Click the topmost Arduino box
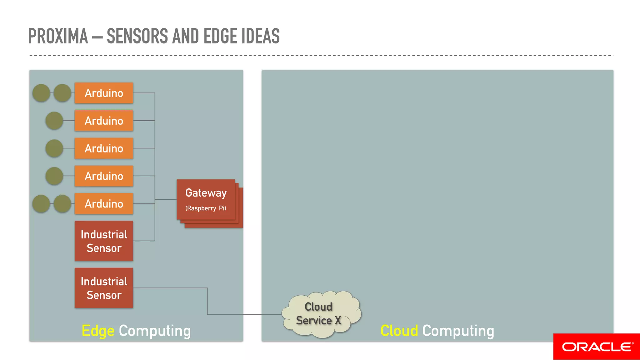pyautogui.click(x=104, y=93)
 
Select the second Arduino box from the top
pyautogui.click(x=104, y=121)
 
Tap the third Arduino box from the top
pyautogui.click(x=104, y=148)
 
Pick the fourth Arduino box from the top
pyautogui.click(x=104, y=176)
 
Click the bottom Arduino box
pyautogui.click(x=104, y=204)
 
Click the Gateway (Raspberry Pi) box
pyautogui.click(x=206, y=199)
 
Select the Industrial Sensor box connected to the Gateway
pyautogui.click(x=104, y=241)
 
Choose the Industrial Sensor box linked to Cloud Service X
pyautogui.click(x=104, y=288)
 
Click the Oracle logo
pyautogui.click(x=597, y=347)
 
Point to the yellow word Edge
pyautogui.click(x=98, y=331)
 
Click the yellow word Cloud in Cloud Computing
pyautogui.click(x=399, y=331)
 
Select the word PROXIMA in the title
pyautogui.click(x=58, y=36)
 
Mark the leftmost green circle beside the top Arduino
pyautogui.click(x=41, y=93)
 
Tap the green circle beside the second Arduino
pyautogui.click(x=54, y=121)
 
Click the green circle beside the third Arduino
pyautogui.click(x=54, y=148)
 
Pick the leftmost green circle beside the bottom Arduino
pyautogui.click(x=41, y=204)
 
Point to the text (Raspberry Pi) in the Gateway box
pyautogui.click(x=206, y=208)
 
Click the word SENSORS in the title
pyautogui.click(x=137, y=36)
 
